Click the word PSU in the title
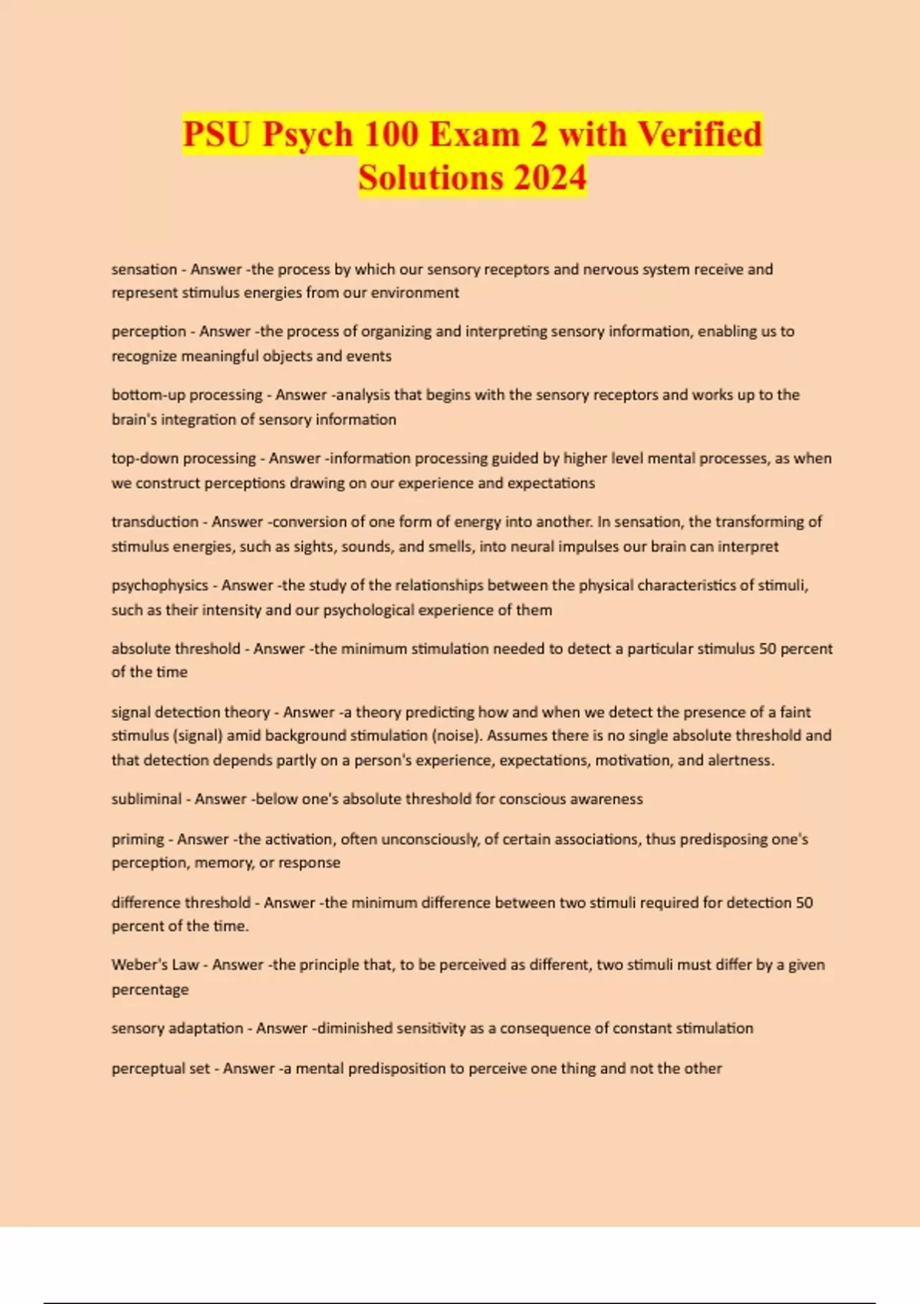(217, 134)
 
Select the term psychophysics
(159, 585)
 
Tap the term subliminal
(146, 799)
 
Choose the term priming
(138, 839)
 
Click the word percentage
(150, 990)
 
